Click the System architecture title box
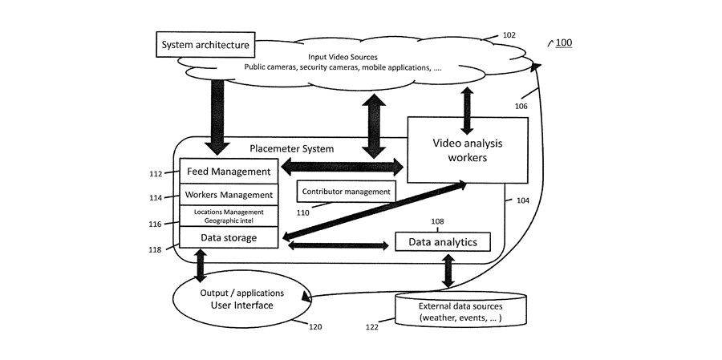[x=206, y=45]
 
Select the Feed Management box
[x=229, y=171]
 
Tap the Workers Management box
[x=229, y=195]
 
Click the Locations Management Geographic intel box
[x=229, y=216]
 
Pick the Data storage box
[x=229, y=237]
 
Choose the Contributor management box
[x=346, y=192]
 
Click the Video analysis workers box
[x=468, y=150]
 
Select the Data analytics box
[x=443, y=241]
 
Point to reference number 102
[x=509, y=35]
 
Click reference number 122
[x=371, y=327]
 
